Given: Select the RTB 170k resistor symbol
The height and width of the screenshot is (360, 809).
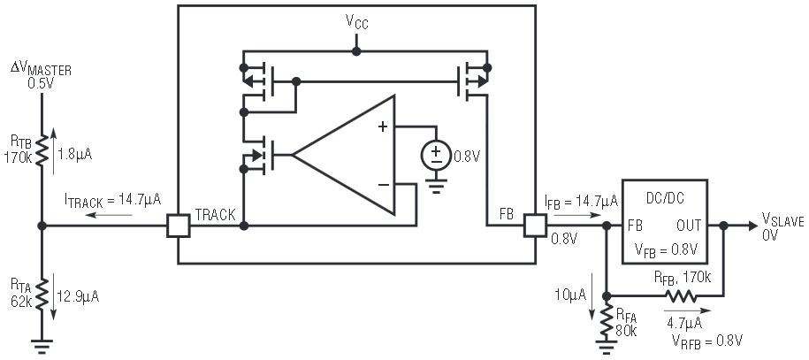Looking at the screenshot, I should click(x=42, y=151).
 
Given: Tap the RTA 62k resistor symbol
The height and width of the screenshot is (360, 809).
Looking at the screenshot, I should click(x=42, y=293).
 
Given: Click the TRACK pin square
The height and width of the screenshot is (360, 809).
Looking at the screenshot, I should click(x=179, y=226).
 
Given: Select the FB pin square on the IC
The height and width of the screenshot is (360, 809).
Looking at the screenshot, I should click(x=536, y=226).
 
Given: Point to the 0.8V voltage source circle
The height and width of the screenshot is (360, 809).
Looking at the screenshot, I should click(x=435, y=156).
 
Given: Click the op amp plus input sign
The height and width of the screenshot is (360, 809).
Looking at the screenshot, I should click(x=382, y=126).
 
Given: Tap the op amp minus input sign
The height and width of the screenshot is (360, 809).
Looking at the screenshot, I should click(x=382, y=184).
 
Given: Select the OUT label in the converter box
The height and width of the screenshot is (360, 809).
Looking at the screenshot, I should click(x=689, y=226).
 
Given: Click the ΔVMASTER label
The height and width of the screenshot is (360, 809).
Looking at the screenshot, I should click(x=42, y=69).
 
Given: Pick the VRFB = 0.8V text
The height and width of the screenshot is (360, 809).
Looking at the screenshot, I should click(x=708, y=339).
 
